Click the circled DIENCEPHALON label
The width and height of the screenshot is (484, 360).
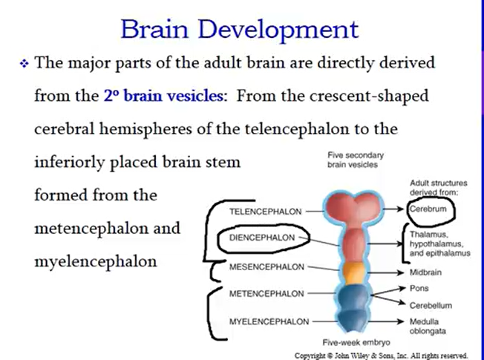(264, 239)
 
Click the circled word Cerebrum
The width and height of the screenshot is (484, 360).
(428, 209)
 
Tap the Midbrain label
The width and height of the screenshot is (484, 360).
(426, 272)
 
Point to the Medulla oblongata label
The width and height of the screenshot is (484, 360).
(428, 327)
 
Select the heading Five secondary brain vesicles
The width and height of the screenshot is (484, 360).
(352, 160)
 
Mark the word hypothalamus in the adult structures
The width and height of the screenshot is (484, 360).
(439, 243)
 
